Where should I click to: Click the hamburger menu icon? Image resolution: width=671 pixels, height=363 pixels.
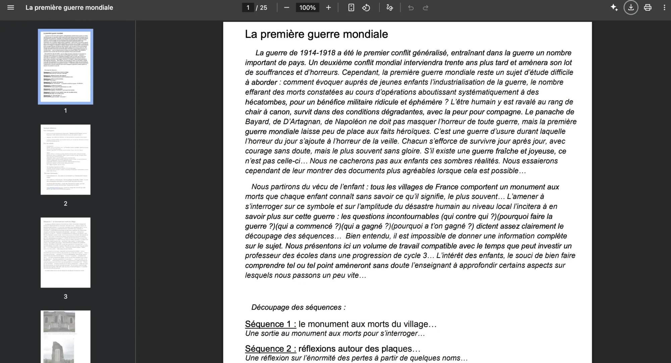coord(11,7)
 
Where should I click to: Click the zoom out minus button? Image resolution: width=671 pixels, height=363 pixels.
coord(287,7)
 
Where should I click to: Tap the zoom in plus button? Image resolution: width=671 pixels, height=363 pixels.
coord(328,7)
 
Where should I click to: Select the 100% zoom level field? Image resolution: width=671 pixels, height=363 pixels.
coord(307,7)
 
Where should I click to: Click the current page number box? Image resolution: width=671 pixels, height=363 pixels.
coord(248,7)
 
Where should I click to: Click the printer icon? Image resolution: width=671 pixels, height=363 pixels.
coord(648,7)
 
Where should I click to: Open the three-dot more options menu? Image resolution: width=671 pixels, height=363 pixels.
coord(664,7)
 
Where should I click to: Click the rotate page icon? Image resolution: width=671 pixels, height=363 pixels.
coord(366,7)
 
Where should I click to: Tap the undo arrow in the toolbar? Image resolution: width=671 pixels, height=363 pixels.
coord(411,7)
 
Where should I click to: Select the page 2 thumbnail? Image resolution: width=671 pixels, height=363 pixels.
coord(65,159)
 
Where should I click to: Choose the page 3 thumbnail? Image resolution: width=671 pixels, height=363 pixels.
coord(65,252)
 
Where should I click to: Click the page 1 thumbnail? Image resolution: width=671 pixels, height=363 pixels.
coord(65,66)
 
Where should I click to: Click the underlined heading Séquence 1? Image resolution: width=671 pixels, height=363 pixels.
coord(270,324)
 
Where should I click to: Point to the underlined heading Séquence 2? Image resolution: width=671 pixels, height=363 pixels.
coord(270,349)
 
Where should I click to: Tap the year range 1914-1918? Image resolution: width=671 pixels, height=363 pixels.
coord(317,53)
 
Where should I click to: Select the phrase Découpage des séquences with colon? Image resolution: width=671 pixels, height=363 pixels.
coord(298,307)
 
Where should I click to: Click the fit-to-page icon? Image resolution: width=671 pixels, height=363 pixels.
coord(351,7)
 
